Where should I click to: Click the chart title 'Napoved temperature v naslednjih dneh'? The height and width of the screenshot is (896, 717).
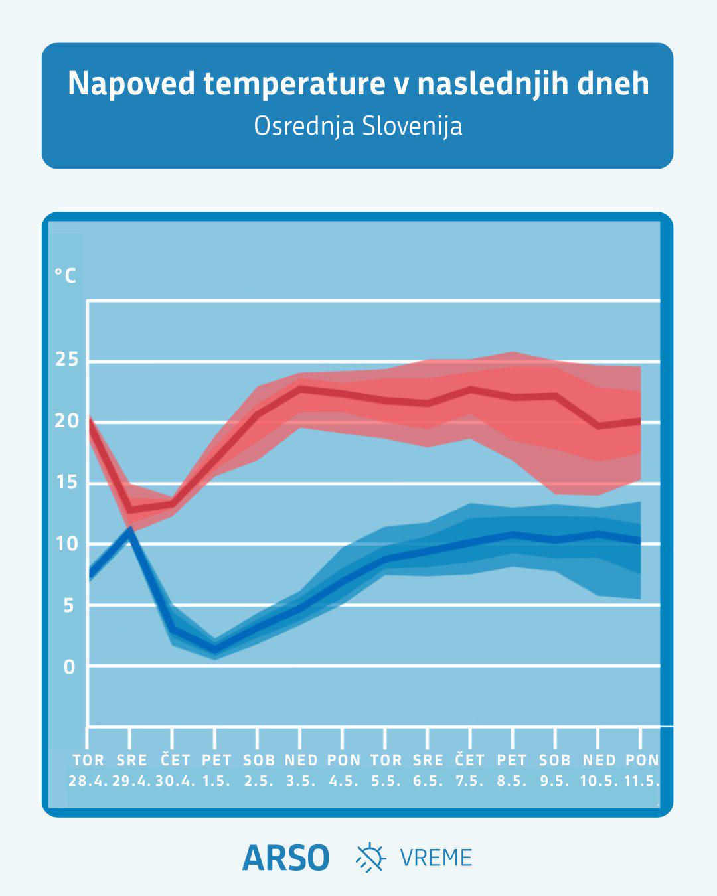tap(358, 84)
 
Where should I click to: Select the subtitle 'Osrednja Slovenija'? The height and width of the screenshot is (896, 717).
tap(358, 126)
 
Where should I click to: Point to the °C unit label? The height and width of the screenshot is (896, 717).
tap(65, 275)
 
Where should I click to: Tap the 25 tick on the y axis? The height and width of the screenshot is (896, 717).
tap(67, 360)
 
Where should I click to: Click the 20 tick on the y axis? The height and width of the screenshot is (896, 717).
tap(67, 421)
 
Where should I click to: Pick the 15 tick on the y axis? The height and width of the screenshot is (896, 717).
tap(67, 483)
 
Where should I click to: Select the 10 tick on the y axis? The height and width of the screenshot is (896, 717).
tap(67, 544)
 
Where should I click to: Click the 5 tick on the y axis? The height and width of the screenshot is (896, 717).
tap(69, 605)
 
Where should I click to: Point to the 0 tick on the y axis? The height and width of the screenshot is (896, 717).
tap(69, 667)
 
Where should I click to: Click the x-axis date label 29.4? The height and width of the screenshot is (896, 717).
tap(131, 781)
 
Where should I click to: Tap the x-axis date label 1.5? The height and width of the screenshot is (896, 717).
tap(216, 781)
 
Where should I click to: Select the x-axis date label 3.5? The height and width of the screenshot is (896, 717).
tap(301, 781)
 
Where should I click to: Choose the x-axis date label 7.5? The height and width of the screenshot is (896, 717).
tap(469, 781)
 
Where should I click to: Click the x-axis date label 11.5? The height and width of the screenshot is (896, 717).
tap(641, 781)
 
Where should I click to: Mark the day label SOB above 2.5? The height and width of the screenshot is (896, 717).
tap(258, 760)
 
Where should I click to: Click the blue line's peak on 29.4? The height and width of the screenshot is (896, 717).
tap(130, 530)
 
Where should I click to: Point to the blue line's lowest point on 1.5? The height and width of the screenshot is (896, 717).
tap(215, 650)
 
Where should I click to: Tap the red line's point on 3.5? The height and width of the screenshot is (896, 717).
tap(301, 388)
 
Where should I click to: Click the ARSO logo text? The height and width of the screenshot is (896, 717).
tap(285, 858)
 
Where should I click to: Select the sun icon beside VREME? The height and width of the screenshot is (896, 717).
tap(370, 857)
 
